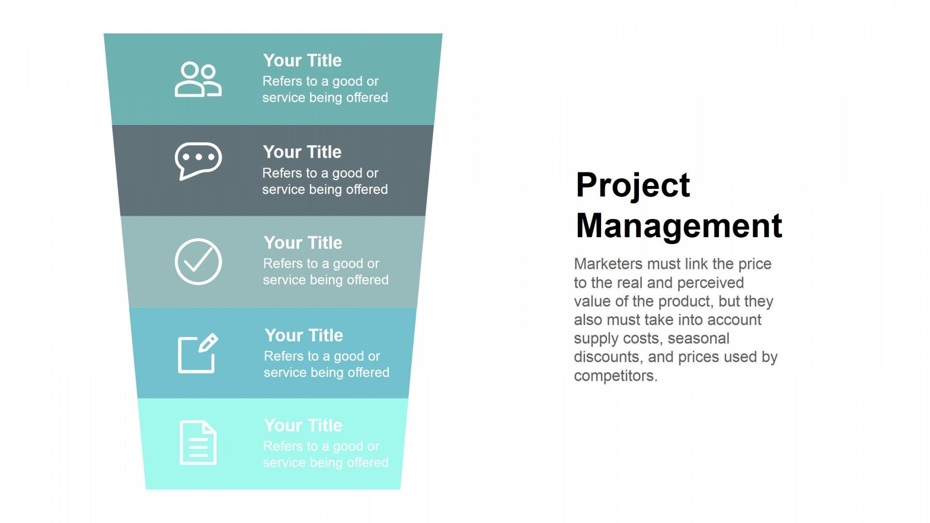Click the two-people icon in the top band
pos(198,79)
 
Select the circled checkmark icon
pos(198,261)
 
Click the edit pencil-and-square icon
pos(198,354)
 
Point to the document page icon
pos(198,443)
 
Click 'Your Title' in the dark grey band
pos(302,152)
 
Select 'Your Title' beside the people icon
pos(302,61)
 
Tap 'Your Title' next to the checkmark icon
pos(303,243)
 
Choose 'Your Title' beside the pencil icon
pos(304,335)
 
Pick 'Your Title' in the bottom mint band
pos(303,425)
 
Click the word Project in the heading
pos(633,186)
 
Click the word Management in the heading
pos(679,226)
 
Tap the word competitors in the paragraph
pos(616,376)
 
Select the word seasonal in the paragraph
pos(698,338)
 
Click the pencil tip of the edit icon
pos(200,349)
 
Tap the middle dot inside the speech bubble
pos(198,157)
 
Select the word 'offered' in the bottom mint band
pos(368,462)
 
